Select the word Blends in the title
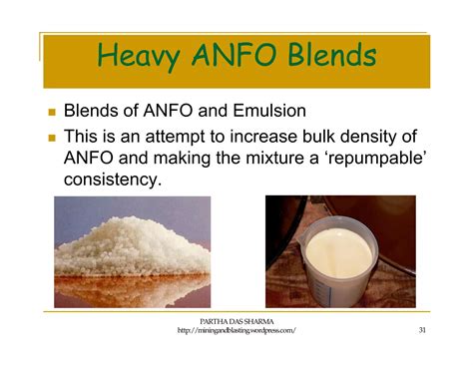pos(327,56)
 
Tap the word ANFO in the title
pos(236,56)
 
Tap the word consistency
pos(112,181)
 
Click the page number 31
pos(423,330)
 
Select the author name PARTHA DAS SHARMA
pos(236,319)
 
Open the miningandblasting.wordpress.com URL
pos(236,331)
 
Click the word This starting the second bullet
pos(83,135)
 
